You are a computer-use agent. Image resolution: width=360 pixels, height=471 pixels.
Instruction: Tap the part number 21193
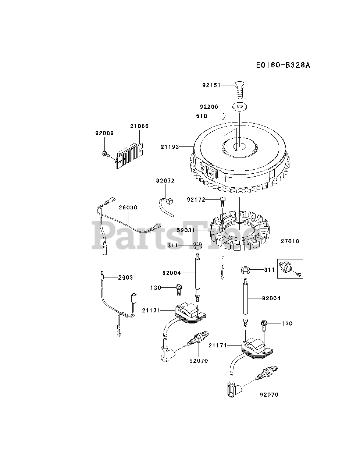(x=170, y=147)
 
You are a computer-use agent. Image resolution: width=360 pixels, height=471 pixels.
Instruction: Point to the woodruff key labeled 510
(x=222, y=116)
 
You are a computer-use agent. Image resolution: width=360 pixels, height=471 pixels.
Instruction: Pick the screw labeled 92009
(x=106, y=153)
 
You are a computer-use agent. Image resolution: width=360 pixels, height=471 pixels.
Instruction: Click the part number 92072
(x=165, y=181)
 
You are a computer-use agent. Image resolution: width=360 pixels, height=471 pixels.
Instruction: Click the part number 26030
(x=128, y=208)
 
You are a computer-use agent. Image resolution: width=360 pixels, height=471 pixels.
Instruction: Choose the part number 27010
(x=290, y=241)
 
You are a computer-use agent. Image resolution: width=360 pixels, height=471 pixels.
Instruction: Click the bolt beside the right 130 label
(x=264, y=326)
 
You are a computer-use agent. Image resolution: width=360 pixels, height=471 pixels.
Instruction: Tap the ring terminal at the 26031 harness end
(x=118, y=333)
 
